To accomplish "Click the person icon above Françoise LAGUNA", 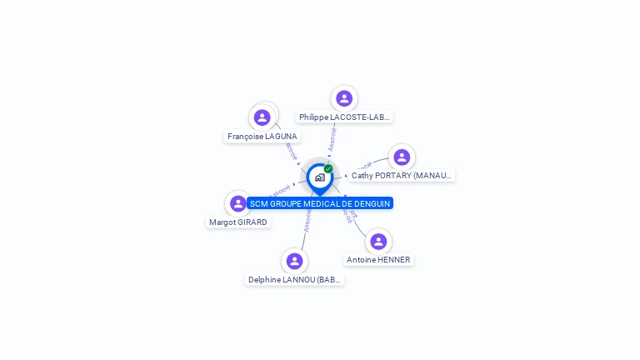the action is [x=262, y=117].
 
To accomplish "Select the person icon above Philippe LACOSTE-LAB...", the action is [x=344, y=98].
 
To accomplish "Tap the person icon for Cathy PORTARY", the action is [x=402, y=157].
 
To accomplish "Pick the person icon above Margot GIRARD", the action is [x=238, y=203].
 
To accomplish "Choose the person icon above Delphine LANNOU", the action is [x=294, y=261].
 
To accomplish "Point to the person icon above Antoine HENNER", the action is [x=378, y=242].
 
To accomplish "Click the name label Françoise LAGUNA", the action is [x=262, y=136].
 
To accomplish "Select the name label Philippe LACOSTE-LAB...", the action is [x=344, y=117].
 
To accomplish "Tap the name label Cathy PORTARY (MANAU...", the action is [x=402, y=176].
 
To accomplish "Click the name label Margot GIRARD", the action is [x=238, y=222].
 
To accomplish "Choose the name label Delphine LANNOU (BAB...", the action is [x=295, y=280].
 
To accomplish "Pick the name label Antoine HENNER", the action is [x=378, y=260].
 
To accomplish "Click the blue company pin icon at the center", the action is [x=319, y=177].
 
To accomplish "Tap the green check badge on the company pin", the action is [x=328, y=168].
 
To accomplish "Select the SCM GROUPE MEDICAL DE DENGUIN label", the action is [x=320, y=203].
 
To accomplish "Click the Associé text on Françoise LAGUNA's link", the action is [x=291, y=152].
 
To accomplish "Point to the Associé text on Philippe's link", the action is [x=332, y=138].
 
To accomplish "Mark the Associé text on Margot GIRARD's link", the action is [x=280, y=191].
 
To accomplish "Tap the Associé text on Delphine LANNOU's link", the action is [x=307, y=221].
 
